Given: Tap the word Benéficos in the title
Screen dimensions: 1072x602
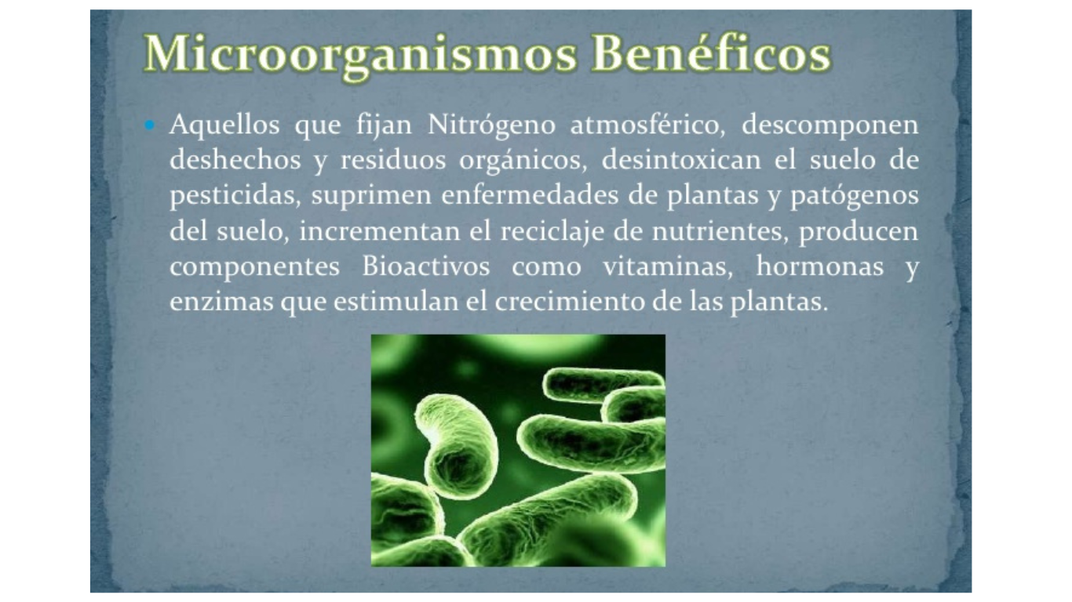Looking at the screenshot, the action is (712, 53).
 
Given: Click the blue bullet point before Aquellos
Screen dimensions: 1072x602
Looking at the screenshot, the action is (150, 125).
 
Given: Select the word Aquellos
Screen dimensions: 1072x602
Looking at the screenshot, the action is (224, 125).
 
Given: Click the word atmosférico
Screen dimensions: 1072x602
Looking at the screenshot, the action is (648, 125).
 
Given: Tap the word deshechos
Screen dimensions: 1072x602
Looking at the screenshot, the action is (235, 160).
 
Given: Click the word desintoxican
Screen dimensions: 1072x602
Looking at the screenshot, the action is (681, 160).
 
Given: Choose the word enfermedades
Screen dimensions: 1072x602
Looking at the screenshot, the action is (530, 195).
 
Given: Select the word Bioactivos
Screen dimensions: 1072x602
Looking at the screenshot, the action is (426, 267).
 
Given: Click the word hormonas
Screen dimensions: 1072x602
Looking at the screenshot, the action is (820, 267).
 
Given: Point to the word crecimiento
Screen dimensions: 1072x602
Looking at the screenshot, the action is (570, 303).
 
